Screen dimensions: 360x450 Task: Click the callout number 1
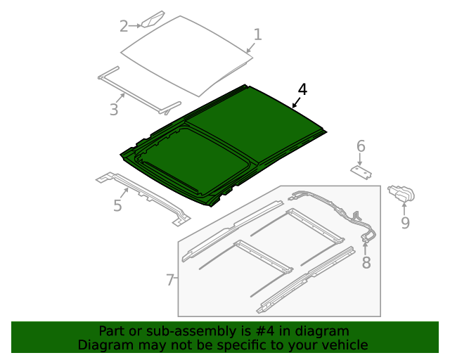point(257,34)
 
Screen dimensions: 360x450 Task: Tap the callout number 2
point(124,26)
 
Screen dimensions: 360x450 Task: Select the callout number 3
point(113,109)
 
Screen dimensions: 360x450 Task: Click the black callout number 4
point(302,89)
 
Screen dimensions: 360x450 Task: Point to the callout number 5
point(117,205)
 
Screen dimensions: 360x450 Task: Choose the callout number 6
point(361,146)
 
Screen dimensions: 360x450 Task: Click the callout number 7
point(170,280)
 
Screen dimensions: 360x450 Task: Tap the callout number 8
point(366,263)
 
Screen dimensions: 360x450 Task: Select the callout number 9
point(405,223)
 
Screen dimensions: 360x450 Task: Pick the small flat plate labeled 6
point(362,172)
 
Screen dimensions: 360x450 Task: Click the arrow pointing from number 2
point(136,26)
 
